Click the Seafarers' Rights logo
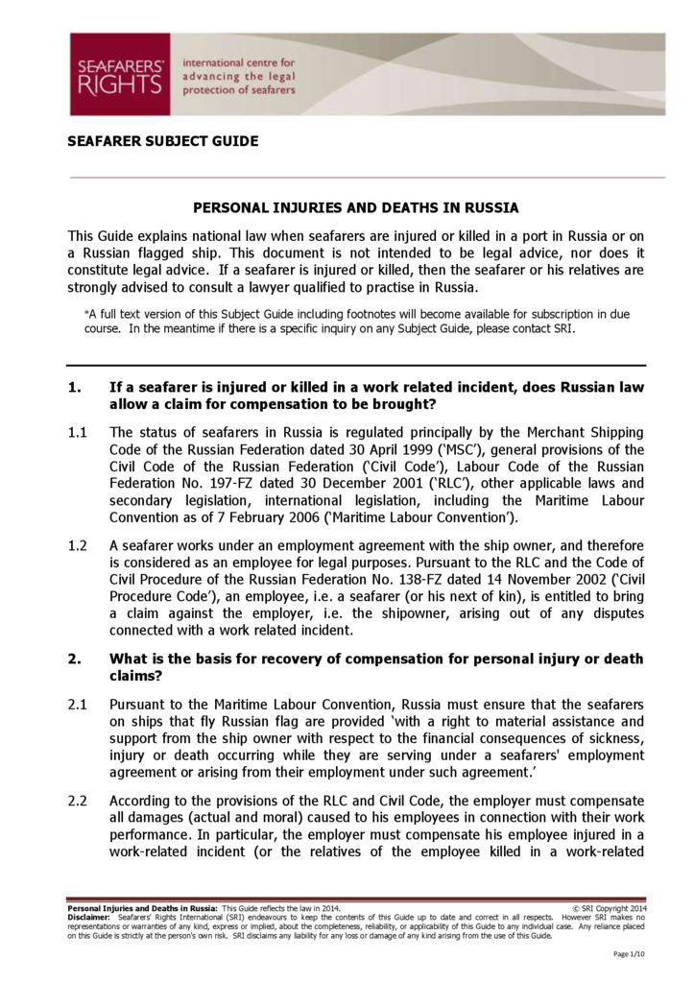click(x=119, y=74)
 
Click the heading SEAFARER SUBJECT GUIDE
click(x=162, y=141)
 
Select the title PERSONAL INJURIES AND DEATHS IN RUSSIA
click(x=356, y=207)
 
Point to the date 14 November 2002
click(x=500, y=579)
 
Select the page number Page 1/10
click(x=631, y=954)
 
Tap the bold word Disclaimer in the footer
click(x=88, y=917)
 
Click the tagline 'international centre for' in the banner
click(x=245, y=62)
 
